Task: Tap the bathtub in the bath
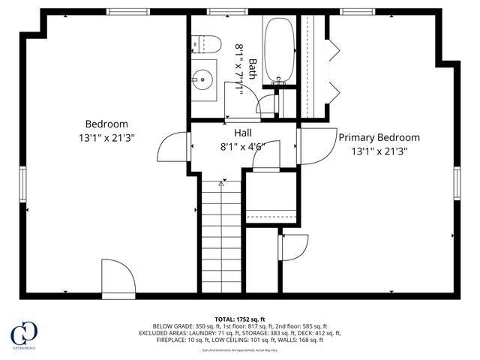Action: (280, 49)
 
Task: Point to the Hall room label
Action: (243, 132)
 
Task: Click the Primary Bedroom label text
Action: (379, 137)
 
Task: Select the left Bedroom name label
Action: (106, 124)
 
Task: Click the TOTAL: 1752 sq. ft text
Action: (240, 318)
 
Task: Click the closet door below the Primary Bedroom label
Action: (294, 247)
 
